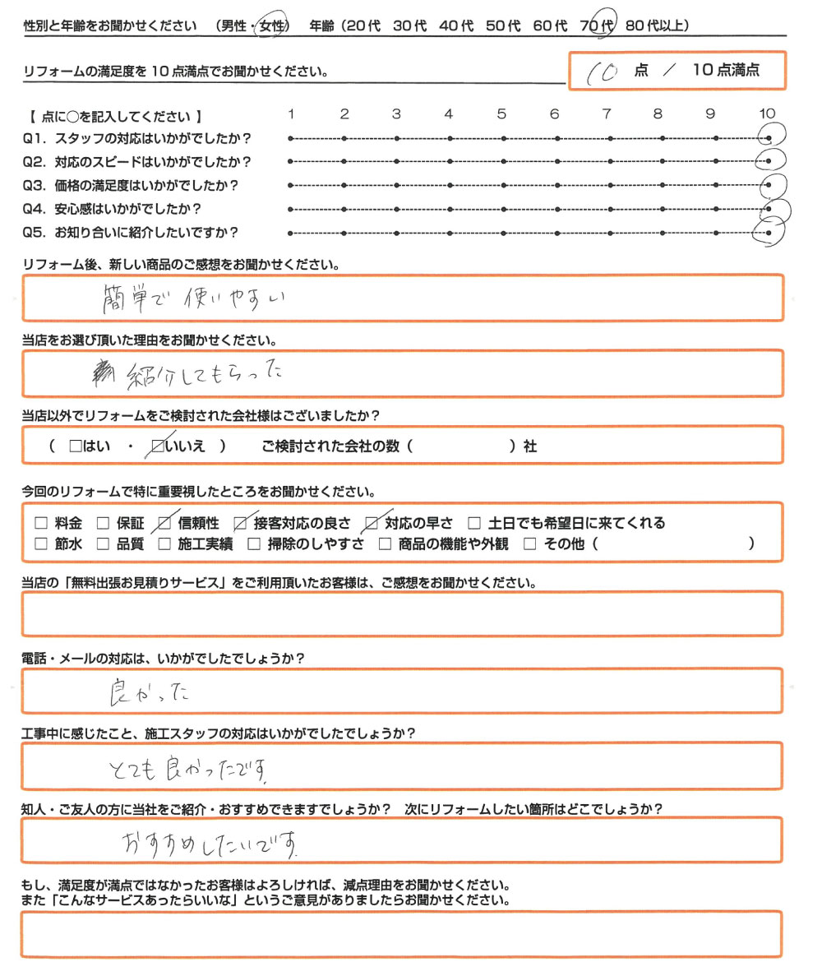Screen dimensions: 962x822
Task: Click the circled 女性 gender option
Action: pos(272,26)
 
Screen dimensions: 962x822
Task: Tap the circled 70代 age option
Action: pos(597,26)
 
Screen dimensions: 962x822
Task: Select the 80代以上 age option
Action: pos(658,26)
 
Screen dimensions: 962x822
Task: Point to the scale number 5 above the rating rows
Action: pos(501,114)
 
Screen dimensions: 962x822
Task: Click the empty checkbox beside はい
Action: pos(76,446)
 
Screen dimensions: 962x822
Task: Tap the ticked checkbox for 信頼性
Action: pos(164,523)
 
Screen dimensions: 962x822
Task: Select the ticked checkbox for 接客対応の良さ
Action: pos(240,523)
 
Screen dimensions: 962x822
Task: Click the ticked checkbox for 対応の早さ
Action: pos(372,523)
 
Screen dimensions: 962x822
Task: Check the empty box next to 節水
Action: pos(42,543)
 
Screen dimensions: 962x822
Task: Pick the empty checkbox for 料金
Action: pos(42,523)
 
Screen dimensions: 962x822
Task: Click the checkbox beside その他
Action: pos(529,543)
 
